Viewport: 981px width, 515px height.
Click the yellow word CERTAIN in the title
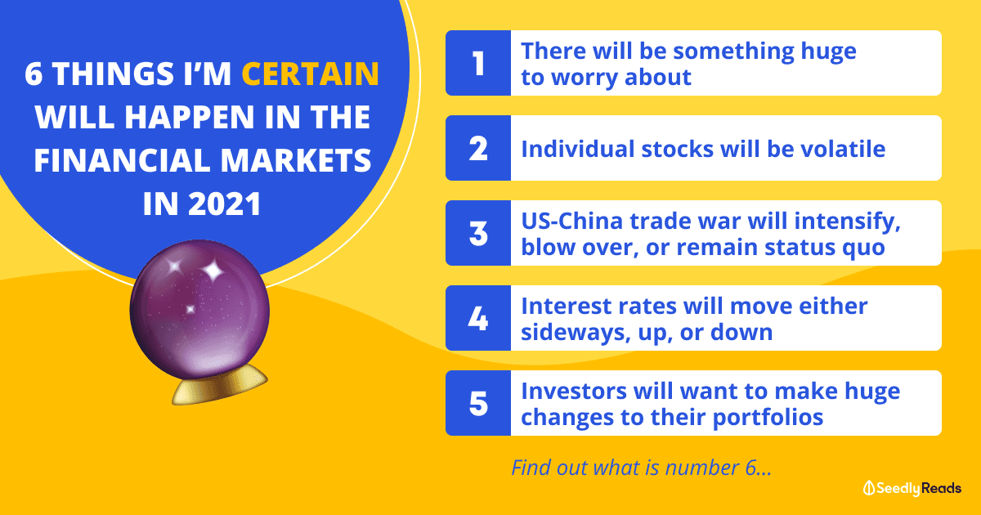[x=310, y=73]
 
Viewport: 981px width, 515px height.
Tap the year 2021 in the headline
[x=225, y=204]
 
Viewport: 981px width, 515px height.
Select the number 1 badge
[x=478, y=63]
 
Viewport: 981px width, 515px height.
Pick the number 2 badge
[x=478, y=148]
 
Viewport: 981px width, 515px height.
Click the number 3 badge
[x=478, y=233]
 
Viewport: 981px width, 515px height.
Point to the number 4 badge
[x=478, y=318]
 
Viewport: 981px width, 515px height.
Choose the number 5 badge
[x=478, y=403]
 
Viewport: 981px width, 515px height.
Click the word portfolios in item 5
[x=768, y=418]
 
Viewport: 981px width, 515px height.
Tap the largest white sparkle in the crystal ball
[x=213, y=271]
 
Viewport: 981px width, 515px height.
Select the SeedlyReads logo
[x=912, y=488]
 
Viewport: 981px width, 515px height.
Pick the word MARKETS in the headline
[x=296, y=160]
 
